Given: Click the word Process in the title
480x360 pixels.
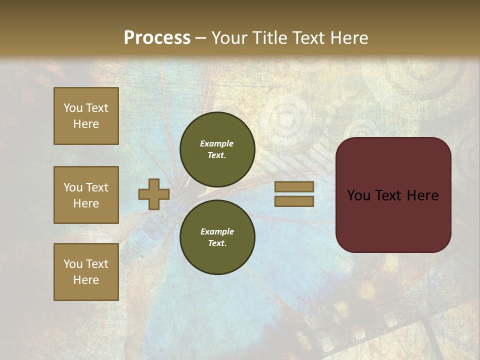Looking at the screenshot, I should pyautogui.click(x=157, y=38).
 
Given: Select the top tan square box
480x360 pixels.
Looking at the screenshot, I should pyautogui.click(x=86, y=116).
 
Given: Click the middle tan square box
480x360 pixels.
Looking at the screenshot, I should pyautogui.click(x=86, y=195).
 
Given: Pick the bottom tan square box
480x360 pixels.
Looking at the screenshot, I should pyautogui.click(x=86, y=272).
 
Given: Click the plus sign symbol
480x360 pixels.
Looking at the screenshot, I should pyautogui.click(x=154, y=194).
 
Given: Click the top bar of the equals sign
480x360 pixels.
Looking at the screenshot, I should pyautogui.click(x=294, y=186).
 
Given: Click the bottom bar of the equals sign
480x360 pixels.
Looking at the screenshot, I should pyautogui.click(x=294, y=201).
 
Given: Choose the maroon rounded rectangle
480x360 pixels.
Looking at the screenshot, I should pyautogui.click(x=393, y=220).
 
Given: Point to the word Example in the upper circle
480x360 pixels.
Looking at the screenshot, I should pyautogui.click(x=216, y=143).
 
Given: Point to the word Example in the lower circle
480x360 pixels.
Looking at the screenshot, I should pyautogui.click(x=217, y=231).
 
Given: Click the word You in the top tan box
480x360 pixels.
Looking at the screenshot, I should pyautogui.click(x=73, y=108).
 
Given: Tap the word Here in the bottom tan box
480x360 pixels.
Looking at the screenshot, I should pyautogui.click(x=86, y=280).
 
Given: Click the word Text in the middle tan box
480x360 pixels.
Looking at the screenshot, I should pyautogui.click(x=96, y=187).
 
